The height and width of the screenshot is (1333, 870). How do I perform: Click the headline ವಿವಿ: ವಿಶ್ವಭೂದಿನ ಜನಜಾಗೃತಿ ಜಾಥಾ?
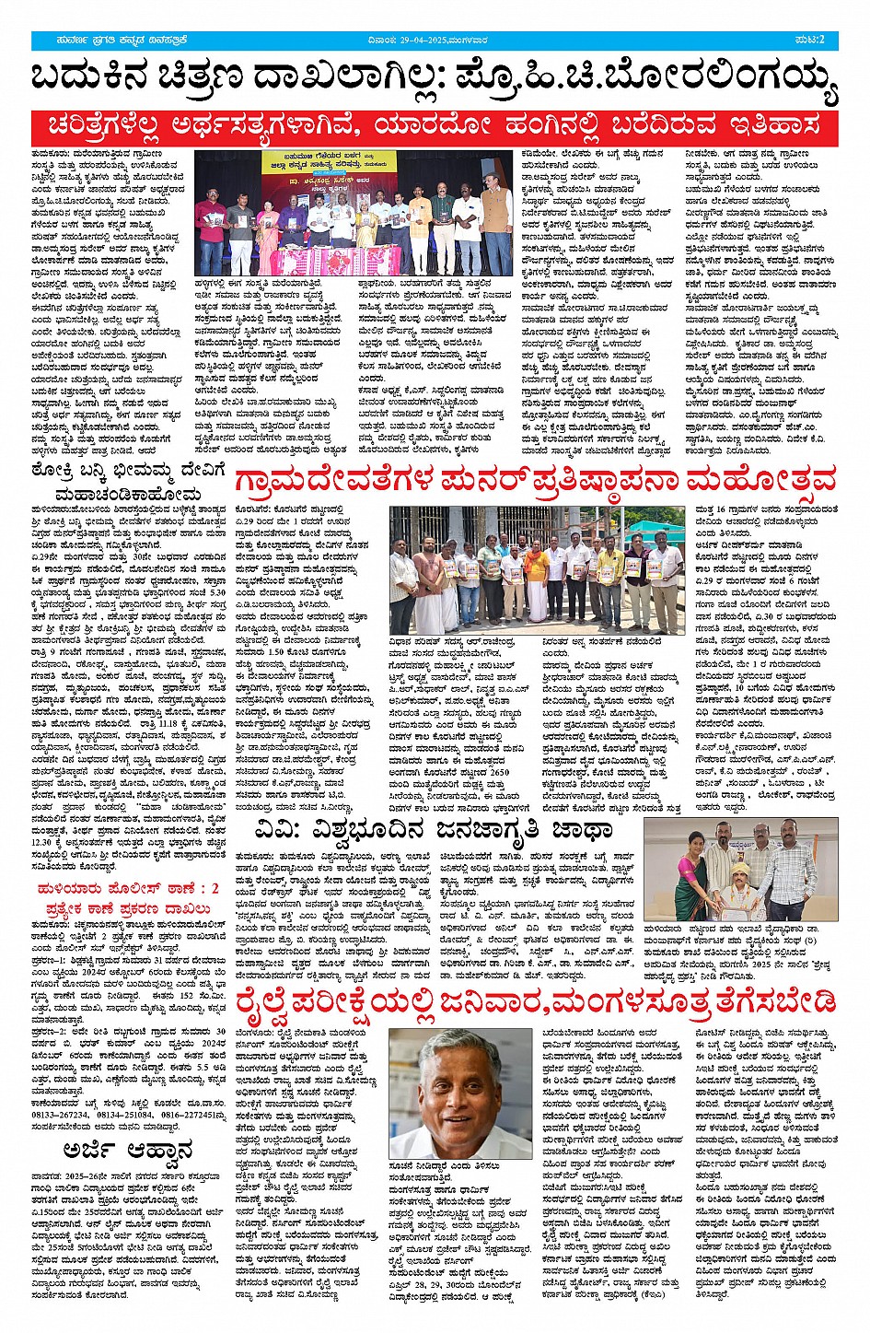pyautogui.click(x=434, y=832)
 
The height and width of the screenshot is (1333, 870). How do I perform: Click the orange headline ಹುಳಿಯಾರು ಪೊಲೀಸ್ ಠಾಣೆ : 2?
pyautogui.click(x=128, y=889)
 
